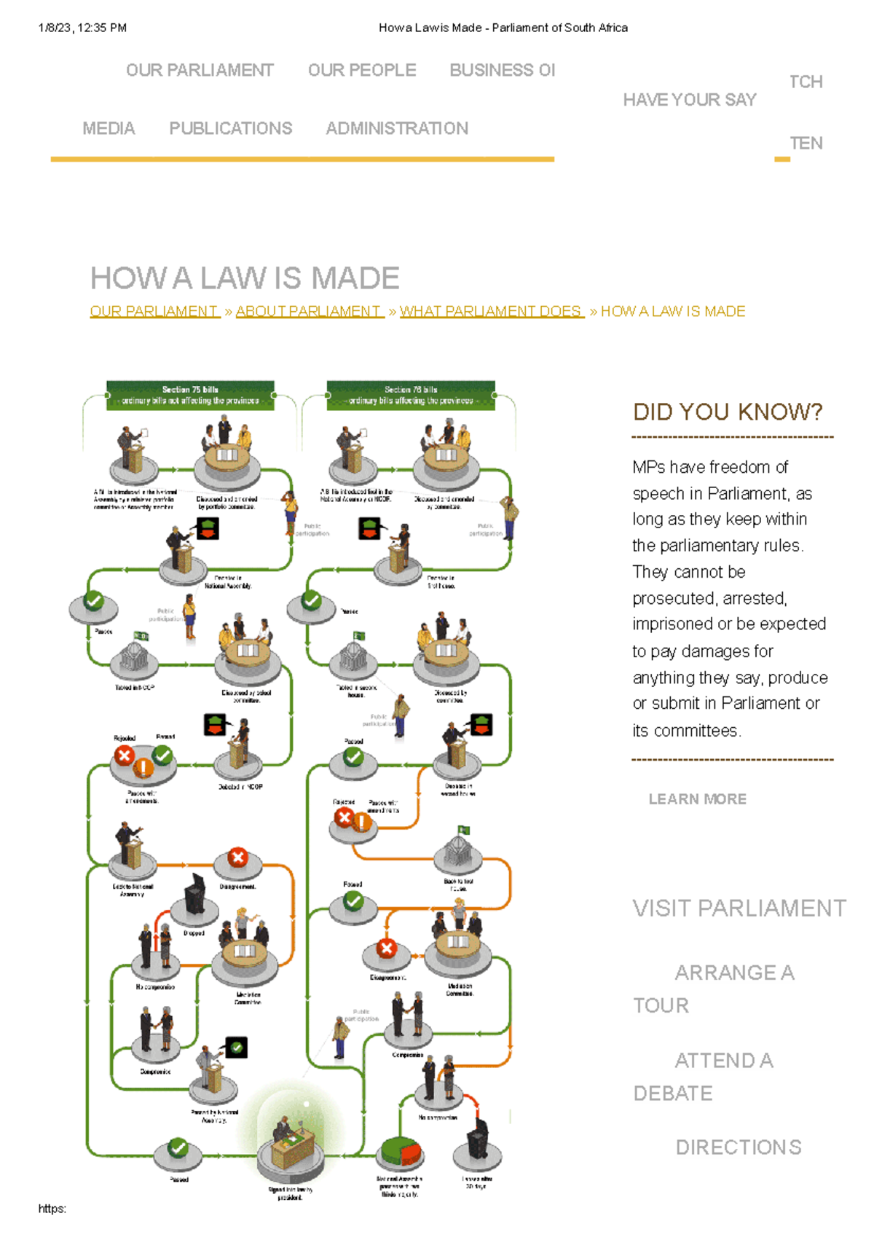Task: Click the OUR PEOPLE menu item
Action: [362, 71]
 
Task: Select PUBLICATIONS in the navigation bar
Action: [230, 129]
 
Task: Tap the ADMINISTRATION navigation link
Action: [397, 129]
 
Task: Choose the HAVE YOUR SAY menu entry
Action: [689, 100]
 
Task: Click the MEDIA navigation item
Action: [109, 129]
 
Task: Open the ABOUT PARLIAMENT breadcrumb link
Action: [309, 312]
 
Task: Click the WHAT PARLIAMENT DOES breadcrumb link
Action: [491, 312]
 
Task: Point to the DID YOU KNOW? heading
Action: [727, 412]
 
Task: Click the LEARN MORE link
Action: [697, 799]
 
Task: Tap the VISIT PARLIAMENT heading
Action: [739, 908]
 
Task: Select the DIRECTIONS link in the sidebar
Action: [738, 1147]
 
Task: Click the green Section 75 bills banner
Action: [190, 396]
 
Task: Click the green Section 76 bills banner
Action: [411, 396]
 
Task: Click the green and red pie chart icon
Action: [400, 1152]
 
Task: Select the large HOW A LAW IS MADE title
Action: [245, 278]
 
